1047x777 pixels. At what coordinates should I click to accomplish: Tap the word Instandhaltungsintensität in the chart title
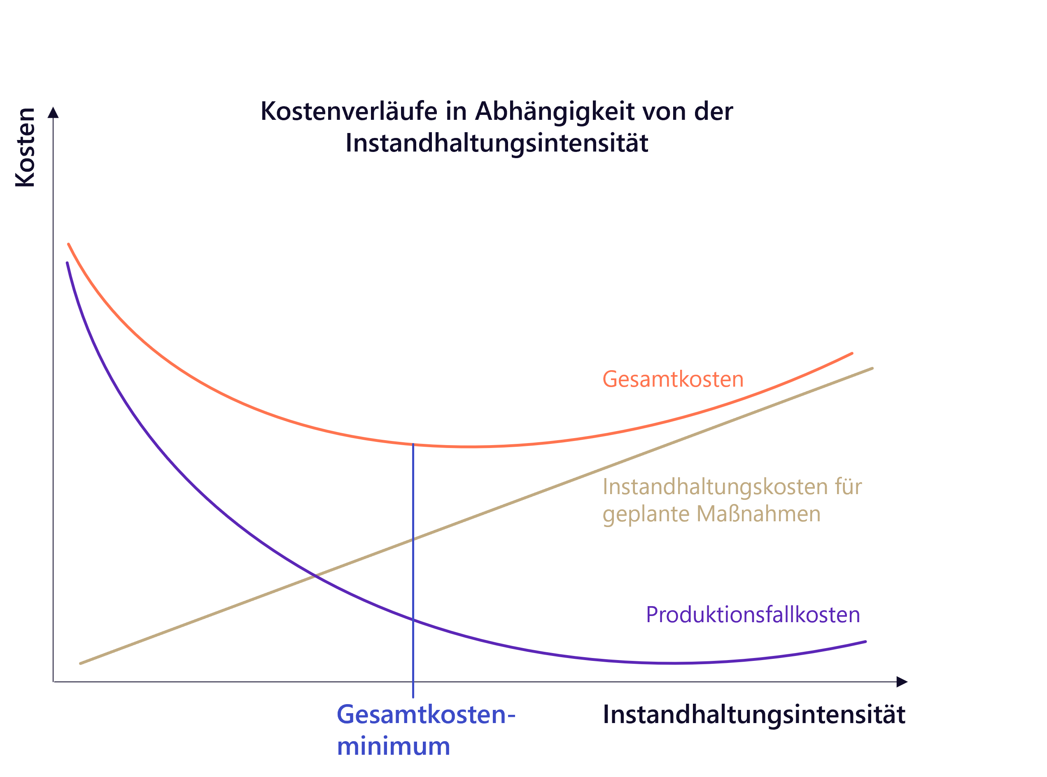497,143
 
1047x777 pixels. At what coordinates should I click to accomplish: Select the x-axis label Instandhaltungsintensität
754,714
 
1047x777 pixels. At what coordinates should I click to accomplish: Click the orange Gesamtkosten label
673,379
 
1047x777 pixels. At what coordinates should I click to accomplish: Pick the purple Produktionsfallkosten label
753,615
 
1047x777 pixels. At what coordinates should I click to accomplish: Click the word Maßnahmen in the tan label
758,513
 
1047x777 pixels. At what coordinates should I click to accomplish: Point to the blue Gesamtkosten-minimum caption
426,730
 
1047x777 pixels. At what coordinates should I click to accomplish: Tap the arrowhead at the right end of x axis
901,682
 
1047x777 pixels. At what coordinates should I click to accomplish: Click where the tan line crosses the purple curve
314,575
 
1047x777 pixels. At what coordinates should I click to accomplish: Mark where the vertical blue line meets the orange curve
413,444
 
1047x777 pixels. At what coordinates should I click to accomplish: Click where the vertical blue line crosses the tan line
413,539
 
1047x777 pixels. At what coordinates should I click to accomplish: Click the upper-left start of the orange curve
69,245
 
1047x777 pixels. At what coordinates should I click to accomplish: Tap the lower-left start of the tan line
81,663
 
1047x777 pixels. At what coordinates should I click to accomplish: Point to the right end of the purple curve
865,642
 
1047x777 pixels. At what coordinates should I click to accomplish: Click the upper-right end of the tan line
872,368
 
